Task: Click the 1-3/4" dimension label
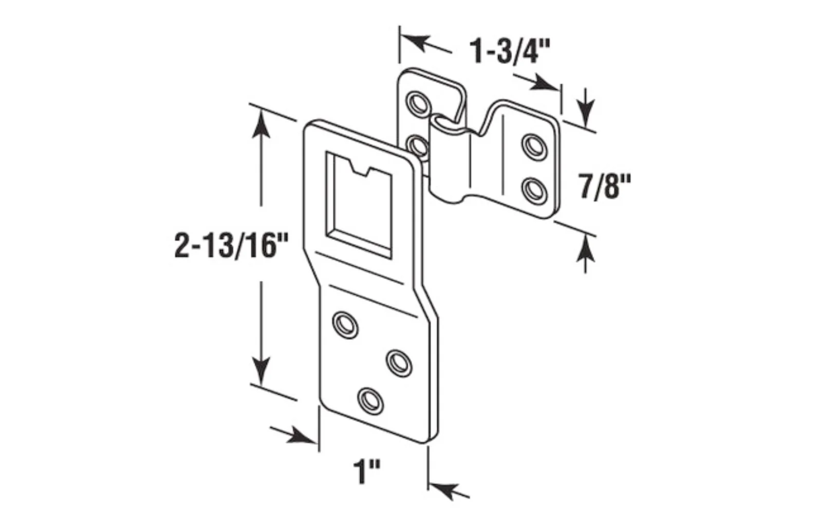pos(510,52)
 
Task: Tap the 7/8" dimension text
pos(604,187)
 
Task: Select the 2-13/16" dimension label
pos(232,245)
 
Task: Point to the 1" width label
pos(367,471)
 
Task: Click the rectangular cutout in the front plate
pos(359,205)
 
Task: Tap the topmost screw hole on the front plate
pos(345,325)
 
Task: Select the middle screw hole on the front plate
pos(399,363)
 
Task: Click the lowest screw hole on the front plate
pos(370,401)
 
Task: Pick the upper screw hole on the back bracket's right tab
pos(534,147)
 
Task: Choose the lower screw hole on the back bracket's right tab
pos(534,191)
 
